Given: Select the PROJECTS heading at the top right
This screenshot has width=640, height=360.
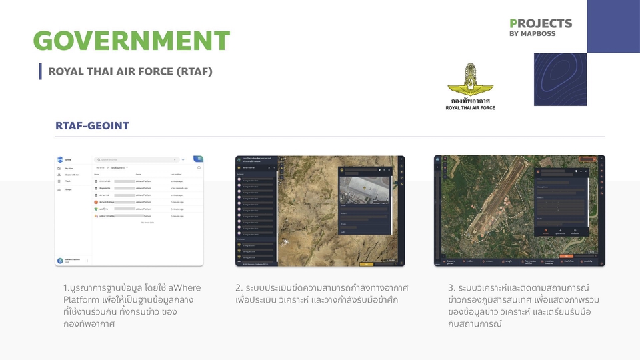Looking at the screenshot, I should [540, 23].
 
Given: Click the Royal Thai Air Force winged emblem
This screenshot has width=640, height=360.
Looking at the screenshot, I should [470, 80].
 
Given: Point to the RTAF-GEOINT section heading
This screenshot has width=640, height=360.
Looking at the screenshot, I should [92, 126].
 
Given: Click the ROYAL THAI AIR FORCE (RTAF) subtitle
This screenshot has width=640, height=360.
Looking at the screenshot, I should [130, 71].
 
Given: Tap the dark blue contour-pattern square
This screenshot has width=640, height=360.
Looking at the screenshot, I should [560, 79].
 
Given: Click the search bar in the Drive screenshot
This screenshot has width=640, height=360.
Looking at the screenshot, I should [137, 160].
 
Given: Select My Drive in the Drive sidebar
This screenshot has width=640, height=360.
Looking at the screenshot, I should [69, 169].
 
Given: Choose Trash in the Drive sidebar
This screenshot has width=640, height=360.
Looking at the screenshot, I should [68, 181].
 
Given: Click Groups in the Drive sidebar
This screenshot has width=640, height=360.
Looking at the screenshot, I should [68, 189].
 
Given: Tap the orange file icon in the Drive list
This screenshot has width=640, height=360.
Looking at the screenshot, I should [96, 202].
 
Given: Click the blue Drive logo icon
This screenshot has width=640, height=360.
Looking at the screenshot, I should [60, 160].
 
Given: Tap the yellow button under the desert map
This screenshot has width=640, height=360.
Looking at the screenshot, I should [367, 264].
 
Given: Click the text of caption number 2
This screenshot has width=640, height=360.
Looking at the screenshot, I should [321, 293].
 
